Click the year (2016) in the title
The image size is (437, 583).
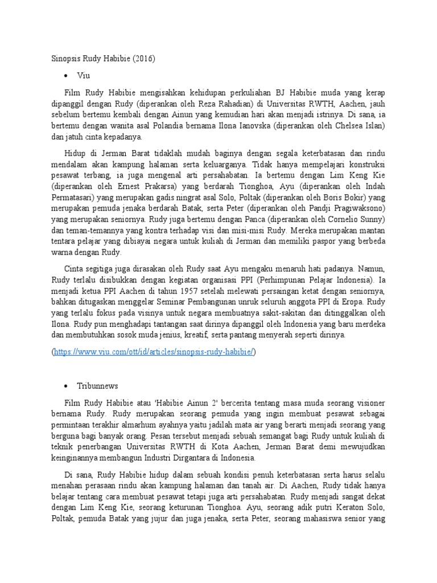pos(143,58)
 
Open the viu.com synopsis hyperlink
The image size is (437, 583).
pos(154,352)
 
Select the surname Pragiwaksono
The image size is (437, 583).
pos(356,207)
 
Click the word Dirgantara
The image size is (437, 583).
pos(188,457)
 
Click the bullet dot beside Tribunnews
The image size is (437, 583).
pos(67,386)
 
